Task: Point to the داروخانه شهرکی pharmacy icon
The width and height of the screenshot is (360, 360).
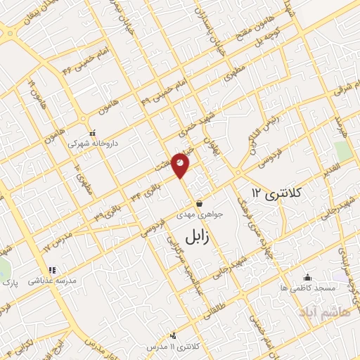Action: coord(91,132)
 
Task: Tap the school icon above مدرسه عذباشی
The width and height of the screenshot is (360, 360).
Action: coord(51,270)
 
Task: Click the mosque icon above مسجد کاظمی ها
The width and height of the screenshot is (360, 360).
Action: coord(307,276)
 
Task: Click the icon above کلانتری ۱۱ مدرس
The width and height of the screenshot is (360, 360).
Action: coord(174,335)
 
